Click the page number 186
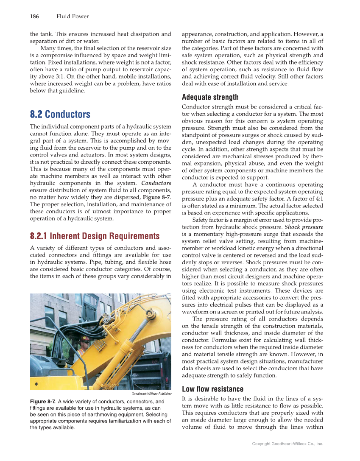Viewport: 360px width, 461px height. [x=34, y=17]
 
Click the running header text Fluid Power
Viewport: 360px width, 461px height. [x=73, y=17]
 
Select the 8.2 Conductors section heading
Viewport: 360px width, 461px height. [x=60, y=115]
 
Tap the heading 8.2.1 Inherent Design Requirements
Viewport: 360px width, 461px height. [x=95, y=236]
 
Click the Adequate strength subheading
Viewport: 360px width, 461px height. [x=210, y=98]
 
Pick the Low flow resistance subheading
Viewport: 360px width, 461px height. [x=212, y=389]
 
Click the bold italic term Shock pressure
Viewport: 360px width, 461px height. [x=304, y=227]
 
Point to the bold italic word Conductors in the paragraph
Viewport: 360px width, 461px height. [x=156, y=183]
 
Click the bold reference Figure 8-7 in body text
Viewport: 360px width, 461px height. [x=156, y=197]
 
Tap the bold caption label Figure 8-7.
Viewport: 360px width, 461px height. [x=42, y=402]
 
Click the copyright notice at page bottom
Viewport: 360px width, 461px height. [x=287, y=444]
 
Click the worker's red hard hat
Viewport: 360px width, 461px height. [x=85, y=339]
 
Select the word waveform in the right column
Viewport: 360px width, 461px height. [x=196, y=312]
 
